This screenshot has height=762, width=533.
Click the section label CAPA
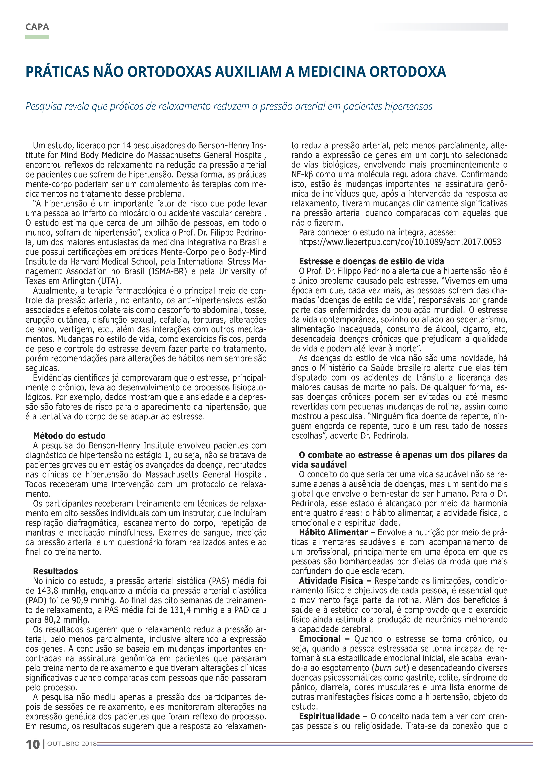point(37,27)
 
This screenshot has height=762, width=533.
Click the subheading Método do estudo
point(69,436)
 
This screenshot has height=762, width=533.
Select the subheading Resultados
point(55,571)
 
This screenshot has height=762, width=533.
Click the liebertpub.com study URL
point(400,242)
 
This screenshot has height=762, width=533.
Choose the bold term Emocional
point(320,639)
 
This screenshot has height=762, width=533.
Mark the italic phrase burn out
point(390,668)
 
